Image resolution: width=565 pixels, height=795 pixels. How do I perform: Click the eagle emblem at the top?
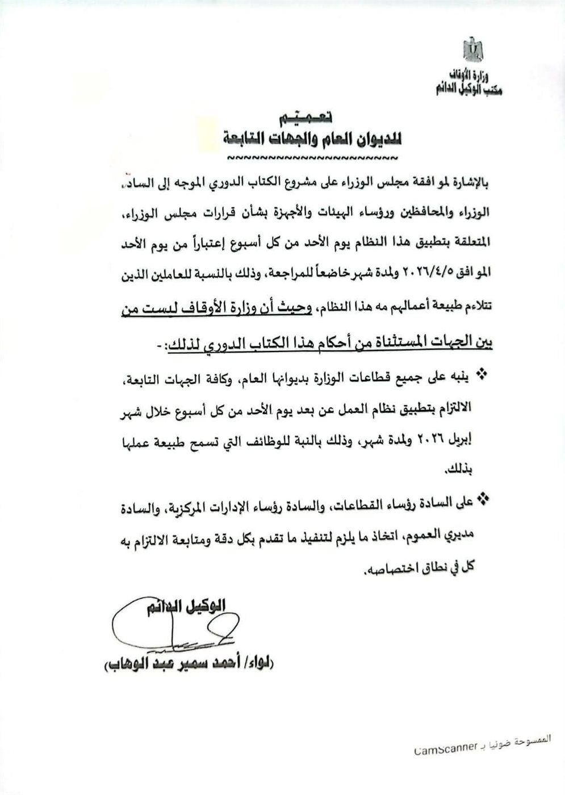pyautogui.click(x=472, y=49)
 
